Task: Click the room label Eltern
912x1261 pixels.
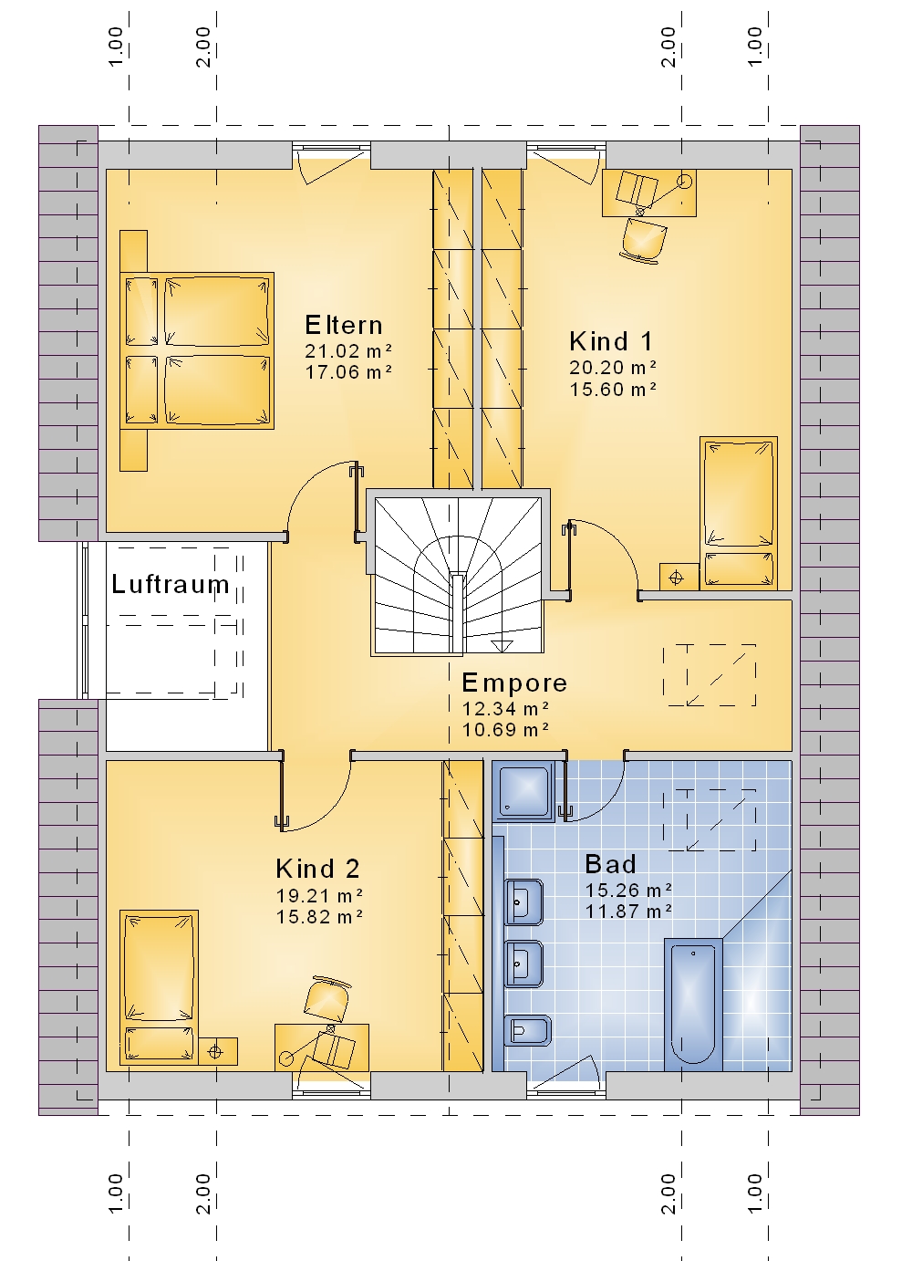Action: [x=344, y=326]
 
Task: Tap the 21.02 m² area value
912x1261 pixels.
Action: [x=348, y=351]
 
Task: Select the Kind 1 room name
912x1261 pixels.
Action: [x=611, y=341]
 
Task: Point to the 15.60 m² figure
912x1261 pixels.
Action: [x=613, y=389]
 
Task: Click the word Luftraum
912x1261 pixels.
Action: [x=171, y=584]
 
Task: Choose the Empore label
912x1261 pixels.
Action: [x=514, y=683]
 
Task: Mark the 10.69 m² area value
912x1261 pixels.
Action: [x=505, y=730]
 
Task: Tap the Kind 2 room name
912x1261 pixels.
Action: [x=317, y=869]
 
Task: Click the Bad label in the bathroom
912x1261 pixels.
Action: [x=610, y=864]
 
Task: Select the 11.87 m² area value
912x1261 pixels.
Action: [x=628, y=911]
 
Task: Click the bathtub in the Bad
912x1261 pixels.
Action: [x=693, y=1005]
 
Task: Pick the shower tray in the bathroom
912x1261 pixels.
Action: [x=523, y=791]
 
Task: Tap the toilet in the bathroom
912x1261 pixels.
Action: [x=527, y=1031]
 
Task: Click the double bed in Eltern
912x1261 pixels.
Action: [x=197, y=350]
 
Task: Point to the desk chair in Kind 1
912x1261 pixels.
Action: [x=643, y=240]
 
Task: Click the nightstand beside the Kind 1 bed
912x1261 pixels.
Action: [x=679, y=577]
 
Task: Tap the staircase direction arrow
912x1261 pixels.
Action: [x=502, y=646]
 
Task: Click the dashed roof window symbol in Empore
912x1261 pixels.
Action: [x=710, y=675]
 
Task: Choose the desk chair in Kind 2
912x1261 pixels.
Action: [x=327, y=1000]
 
